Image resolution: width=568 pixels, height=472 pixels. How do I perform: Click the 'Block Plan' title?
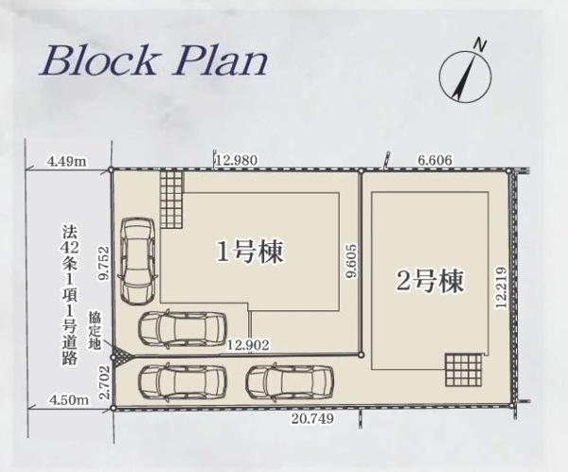tap(153, 61)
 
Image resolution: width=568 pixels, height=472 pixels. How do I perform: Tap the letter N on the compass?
tap(480, 44)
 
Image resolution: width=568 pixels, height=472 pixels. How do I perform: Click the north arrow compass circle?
tap(465, 76)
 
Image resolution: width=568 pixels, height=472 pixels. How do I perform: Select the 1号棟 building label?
tap(250, 251)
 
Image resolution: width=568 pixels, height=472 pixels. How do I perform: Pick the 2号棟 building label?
tap(430, 281)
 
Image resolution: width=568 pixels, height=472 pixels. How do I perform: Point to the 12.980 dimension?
tap(237, 160)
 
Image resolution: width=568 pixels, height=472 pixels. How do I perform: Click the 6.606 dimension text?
tap(435, 160)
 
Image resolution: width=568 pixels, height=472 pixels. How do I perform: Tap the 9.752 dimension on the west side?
tap(105, 263)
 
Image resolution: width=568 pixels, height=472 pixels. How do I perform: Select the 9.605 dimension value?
tap(351, 260)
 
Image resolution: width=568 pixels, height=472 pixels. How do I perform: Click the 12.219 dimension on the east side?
tap(502, 288)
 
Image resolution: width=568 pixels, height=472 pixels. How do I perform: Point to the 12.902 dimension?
tap(248, 345)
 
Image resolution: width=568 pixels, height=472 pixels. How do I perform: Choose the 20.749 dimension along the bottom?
tap(312, 419)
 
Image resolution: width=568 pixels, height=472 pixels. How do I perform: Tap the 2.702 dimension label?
tap(105, 382)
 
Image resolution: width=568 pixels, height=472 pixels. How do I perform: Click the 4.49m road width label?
tap(67, 161)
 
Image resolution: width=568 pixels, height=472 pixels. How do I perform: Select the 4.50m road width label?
tap(69, 401)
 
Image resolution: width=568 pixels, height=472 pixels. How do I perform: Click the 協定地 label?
tap(95, 330)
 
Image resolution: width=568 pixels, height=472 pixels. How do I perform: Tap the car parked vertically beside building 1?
tap(138, 262)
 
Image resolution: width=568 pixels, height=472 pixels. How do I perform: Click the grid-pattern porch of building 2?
tap(463, 370)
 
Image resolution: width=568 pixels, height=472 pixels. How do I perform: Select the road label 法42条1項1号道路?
tap(69, 294)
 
